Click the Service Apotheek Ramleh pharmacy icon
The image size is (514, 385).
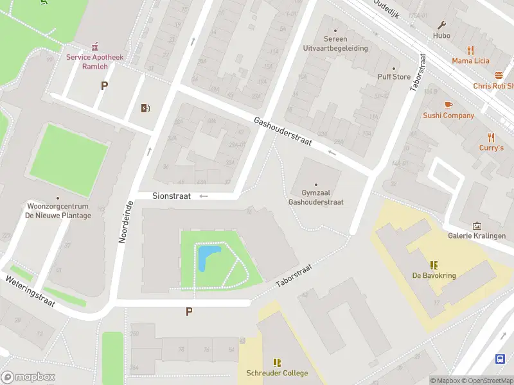96,46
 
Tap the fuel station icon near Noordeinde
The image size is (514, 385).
146,108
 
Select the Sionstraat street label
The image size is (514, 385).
172,196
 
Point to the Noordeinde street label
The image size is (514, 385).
125,221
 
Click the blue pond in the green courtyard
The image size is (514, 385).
208,257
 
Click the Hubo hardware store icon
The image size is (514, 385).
442,25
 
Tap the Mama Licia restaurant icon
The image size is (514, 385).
470,50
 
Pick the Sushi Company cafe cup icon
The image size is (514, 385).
448,105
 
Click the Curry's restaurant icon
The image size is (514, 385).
492,137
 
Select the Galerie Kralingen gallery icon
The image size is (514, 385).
477,225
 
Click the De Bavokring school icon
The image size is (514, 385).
434,265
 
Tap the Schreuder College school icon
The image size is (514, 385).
278,363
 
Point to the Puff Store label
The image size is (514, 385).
394,76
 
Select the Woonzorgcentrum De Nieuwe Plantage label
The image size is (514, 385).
58,211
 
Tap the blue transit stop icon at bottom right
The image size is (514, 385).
501,359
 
